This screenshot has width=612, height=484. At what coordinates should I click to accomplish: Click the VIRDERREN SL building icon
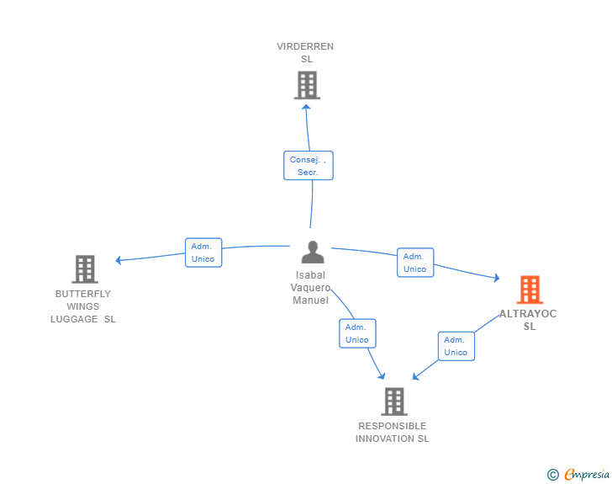307,85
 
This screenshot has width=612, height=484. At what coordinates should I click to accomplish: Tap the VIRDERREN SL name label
305,53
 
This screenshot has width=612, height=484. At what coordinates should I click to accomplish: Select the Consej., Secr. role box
308,166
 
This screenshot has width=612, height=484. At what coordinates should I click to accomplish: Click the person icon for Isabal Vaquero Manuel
313,253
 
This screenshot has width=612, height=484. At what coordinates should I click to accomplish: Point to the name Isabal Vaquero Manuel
310,288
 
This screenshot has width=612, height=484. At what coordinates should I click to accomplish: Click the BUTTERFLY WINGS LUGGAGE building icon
85,269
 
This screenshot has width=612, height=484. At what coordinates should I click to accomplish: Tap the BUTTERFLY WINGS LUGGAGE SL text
83,306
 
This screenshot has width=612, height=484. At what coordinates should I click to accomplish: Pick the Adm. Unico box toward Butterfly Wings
203,253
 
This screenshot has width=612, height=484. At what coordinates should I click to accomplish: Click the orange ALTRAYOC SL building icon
530,290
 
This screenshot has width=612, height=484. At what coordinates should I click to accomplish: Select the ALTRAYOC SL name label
529,320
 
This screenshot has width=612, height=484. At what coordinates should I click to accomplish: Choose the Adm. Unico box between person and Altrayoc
414,263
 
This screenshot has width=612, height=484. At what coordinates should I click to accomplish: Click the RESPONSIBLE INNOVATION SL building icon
393,402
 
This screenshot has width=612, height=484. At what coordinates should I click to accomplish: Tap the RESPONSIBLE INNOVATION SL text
393,432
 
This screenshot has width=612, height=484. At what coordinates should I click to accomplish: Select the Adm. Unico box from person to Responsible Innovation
357,333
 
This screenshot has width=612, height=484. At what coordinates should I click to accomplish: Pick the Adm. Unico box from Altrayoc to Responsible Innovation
456,346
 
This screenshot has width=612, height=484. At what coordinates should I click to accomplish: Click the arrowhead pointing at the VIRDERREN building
306,106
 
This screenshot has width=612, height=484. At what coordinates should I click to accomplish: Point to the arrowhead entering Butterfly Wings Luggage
119,260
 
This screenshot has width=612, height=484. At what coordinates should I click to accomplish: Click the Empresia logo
586,475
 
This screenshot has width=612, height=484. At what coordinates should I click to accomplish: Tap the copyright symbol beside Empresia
553,475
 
